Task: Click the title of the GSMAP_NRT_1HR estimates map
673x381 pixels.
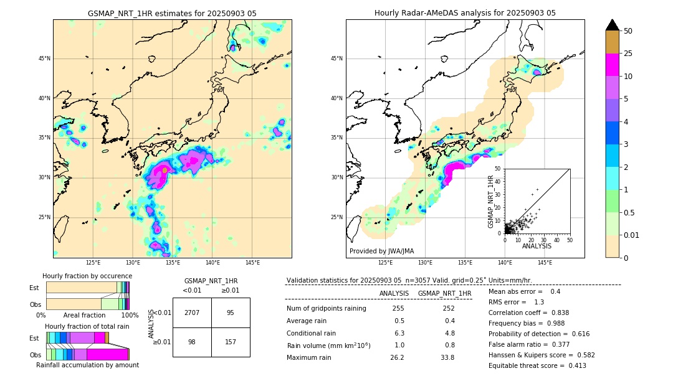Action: pos(172,13)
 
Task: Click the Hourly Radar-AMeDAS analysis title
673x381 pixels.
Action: pos(465,13)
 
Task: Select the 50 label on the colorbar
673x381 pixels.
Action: pos(628,31)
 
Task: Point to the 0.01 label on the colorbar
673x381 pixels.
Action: pos(632,235)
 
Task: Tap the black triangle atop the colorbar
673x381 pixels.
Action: pos(613,25)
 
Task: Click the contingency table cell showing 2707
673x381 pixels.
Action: pos(192,313)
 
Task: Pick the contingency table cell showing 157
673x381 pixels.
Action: pos(231,342)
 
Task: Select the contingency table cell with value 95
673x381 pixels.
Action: pos(231,313)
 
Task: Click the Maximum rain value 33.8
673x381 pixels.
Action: pos(447,357)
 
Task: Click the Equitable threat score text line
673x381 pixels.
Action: pos(537,365)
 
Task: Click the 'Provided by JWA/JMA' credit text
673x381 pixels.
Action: pos(381,251)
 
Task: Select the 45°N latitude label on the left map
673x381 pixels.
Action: pos(44,59)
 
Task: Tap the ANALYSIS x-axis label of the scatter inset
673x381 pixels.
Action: pos(537,246)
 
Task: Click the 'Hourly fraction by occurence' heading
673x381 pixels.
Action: pos(87,276)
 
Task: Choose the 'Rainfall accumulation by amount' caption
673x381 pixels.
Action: pos(87,365)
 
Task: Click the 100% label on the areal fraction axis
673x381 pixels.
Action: pos(130,315)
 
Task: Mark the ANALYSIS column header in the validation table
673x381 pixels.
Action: pos(394,293)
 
